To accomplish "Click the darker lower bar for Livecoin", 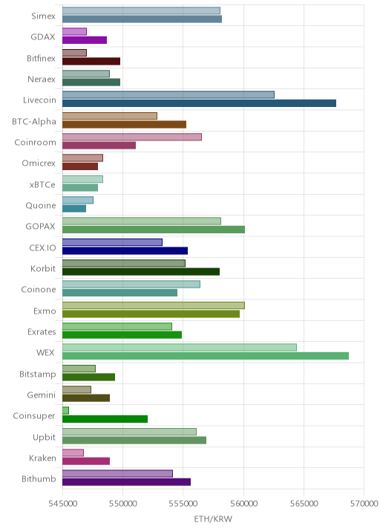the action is tap(199, 103).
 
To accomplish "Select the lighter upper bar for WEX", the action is tap(180, 347).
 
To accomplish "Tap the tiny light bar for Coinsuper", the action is tap(65, 411).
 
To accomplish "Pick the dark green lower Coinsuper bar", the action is tap(105, 419).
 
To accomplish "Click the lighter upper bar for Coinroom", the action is tap(132, 137).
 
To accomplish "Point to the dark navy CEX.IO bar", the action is tap(125, 250).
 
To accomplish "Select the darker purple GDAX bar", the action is tap(85, 40).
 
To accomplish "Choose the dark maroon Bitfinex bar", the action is tap(91, 61).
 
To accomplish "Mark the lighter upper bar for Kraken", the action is tap(73, 452).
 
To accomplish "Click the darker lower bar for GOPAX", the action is tap(154, 230).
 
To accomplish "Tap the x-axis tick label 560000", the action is tap(243, 504).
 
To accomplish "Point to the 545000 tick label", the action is tap(62, 504).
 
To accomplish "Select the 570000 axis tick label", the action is tap(364, 504).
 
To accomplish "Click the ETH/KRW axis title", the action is tap(213, 519).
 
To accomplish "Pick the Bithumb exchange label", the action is tap(39, 479).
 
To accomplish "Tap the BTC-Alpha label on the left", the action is tap(34, 121).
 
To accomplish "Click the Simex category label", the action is tap(43, 16).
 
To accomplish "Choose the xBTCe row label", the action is tap(42, 184).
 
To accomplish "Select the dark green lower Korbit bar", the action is tap(141, 272).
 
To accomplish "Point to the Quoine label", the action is tap(41, 206).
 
